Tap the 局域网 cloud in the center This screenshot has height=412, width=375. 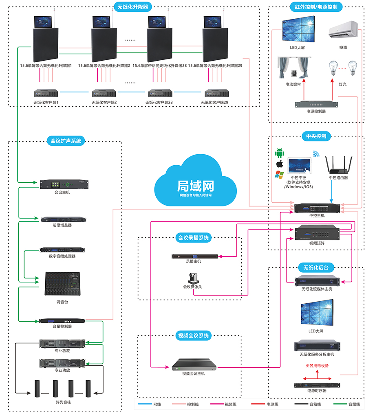tap(195, 181)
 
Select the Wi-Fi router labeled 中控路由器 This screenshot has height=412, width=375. tap(338, 164)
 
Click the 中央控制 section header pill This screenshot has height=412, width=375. tap(316, 136)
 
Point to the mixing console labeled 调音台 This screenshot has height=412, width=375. tap(62, 284)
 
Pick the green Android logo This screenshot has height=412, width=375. tap(280, 153)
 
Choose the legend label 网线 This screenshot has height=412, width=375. tap(157, 405)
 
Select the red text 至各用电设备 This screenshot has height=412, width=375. tap(317, 366)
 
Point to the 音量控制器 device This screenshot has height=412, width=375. tap(62, 321)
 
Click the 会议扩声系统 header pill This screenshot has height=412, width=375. tap(66, 141)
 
